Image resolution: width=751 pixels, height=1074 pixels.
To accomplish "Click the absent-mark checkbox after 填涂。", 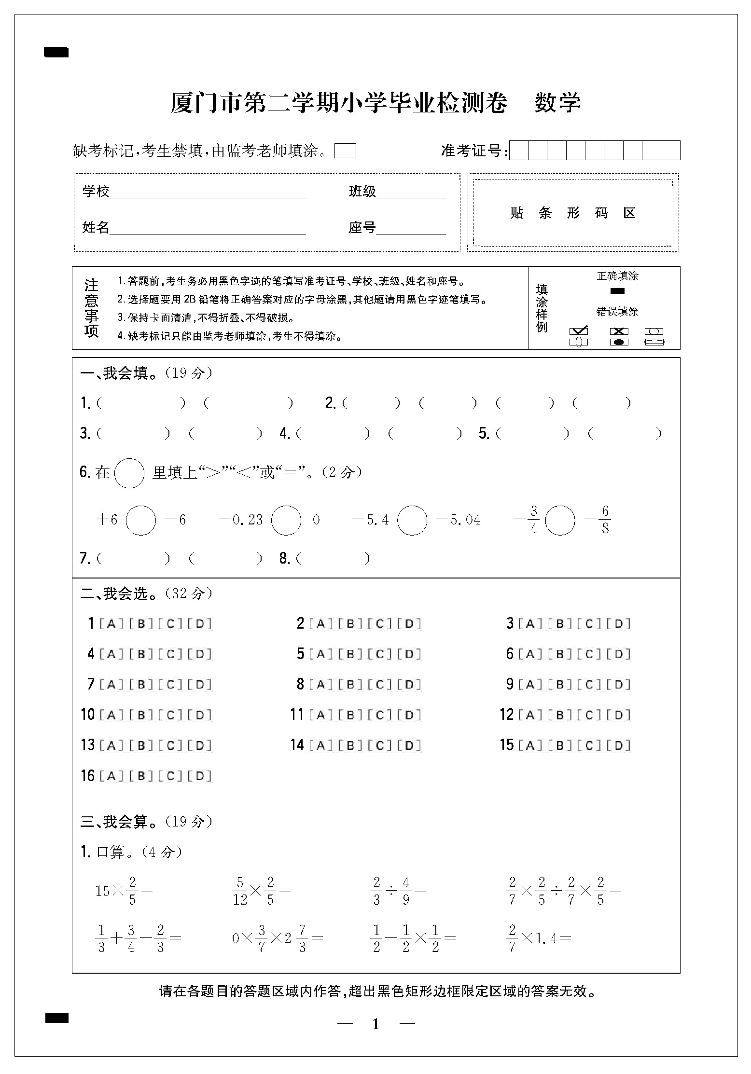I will tap(345, 151).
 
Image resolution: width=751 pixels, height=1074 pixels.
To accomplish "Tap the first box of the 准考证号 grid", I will tap(519, 150).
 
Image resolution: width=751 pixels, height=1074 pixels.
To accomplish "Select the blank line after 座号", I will tap(411, 228).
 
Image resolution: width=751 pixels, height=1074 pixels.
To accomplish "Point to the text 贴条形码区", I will tap(572, 213).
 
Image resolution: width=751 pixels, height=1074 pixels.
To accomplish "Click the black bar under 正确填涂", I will tap(617, 290).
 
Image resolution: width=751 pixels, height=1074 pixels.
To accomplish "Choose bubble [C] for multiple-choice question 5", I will tap(380, 654).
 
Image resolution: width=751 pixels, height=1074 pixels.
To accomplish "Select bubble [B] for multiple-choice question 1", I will tap(141, 623).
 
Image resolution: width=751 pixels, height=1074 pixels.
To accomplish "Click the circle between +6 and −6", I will tap(141, 520).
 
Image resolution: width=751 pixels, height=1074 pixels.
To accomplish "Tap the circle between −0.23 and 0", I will tap(286, 520).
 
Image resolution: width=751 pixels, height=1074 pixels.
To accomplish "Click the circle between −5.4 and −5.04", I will tap(412, 520).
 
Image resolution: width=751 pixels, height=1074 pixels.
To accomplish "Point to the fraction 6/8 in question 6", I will tap(605, 519).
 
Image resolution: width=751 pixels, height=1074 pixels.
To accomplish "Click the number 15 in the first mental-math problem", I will tap(103, 891).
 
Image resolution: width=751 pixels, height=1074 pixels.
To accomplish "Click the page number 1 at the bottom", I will tap(376, 1024).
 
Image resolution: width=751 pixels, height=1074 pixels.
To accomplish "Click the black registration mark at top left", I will tap(56, 52).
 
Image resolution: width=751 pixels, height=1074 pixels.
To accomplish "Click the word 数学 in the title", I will tap(557, 102).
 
